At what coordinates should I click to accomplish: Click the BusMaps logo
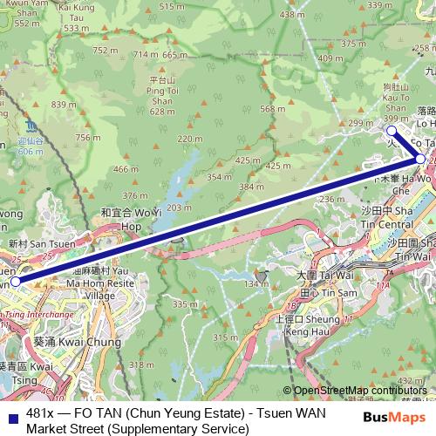(x=399, y=419)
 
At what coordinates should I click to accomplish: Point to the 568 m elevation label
(x=273, y=109)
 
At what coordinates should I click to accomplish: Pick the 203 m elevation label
(x=180, y=207)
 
